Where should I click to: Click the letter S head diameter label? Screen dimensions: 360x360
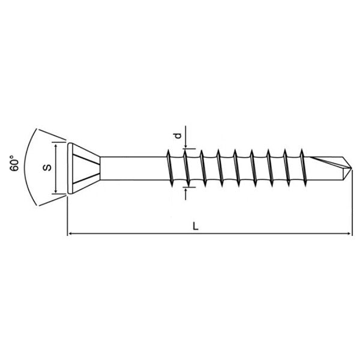pos(46,168)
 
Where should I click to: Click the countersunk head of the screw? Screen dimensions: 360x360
pos(81,168)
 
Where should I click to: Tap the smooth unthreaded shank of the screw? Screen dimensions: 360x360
pos(132,168)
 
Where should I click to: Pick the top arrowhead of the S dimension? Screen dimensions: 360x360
pos(56,145)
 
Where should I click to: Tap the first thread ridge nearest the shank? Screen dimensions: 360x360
pos(170,167)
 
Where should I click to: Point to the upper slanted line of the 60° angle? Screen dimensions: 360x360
pos(51,136)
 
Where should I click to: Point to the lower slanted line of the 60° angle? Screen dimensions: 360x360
pos(51,200)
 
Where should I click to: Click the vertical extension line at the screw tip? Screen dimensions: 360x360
pos(351,204)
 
